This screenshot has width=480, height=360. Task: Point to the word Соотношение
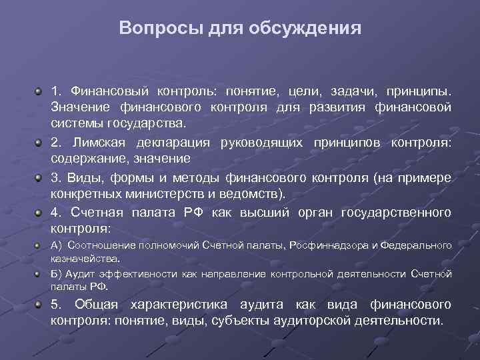(x=99, y=245)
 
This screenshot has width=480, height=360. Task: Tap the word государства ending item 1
(x=153, y=124)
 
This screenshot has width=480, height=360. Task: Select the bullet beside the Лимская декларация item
(x=41, y=142)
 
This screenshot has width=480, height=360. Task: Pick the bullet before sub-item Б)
(x=41, y=274)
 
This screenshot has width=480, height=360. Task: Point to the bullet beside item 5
(x=41, y=305)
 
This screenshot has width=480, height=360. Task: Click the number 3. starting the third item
(x=57, y=177)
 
